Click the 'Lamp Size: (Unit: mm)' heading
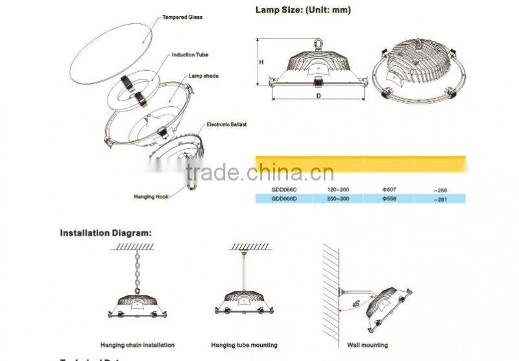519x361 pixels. [302, 10]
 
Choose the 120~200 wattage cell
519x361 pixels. [338, 189]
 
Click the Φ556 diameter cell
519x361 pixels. [391, 198]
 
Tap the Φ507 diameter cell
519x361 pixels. [391, 189]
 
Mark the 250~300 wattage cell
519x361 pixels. [338, 198]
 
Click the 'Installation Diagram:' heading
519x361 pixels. [106, 232]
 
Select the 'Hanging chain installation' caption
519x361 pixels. [138, 345]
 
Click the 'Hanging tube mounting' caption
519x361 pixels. [244, 345]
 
